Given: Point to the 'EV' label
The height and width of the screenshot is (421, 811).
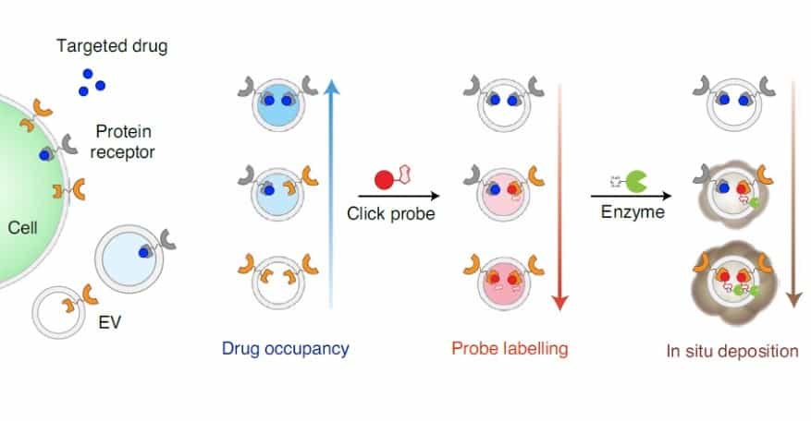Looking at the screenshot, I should pyautogui.click(x=109, y=324).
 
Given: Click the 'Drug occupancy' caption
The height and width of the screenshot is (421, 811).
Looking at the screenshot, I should pyautogui.click(x=286, y=349).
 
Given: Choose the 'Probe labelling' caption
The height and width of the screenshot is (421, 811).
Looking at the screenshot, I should pyautogui.click(x=510, y=349).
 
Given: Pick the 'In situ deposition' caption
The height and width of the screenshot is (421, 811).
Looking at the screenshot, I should pyautogui.click(x=732, y=351).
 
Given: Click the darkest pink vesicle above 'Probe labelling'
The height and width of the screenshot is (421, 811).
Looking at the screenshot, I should pyautogui.click(x=508, y=282).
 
